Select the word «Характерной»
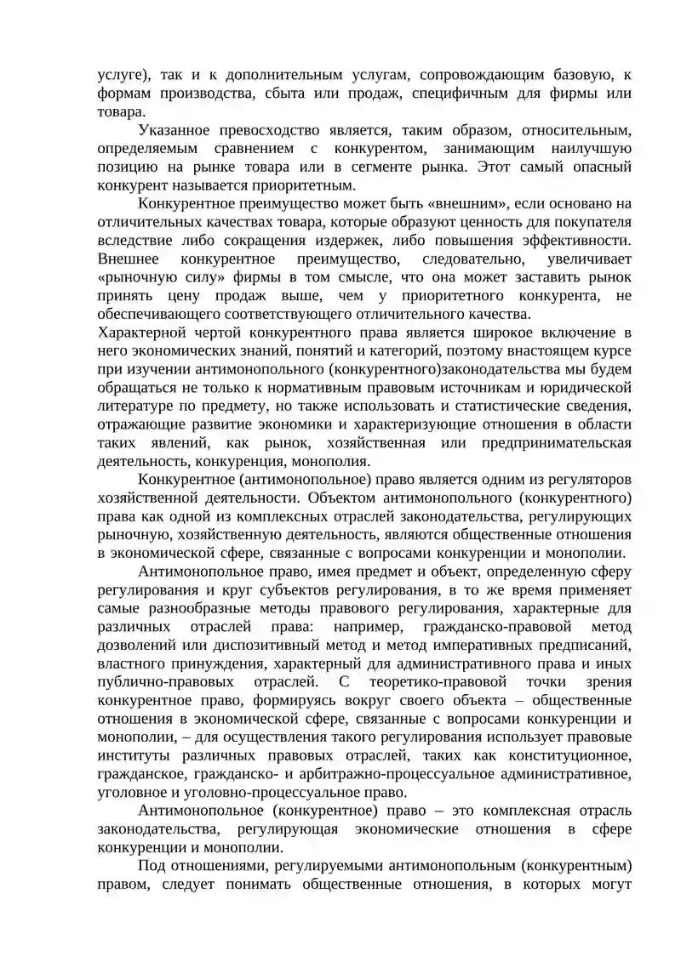pos(142,332)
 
